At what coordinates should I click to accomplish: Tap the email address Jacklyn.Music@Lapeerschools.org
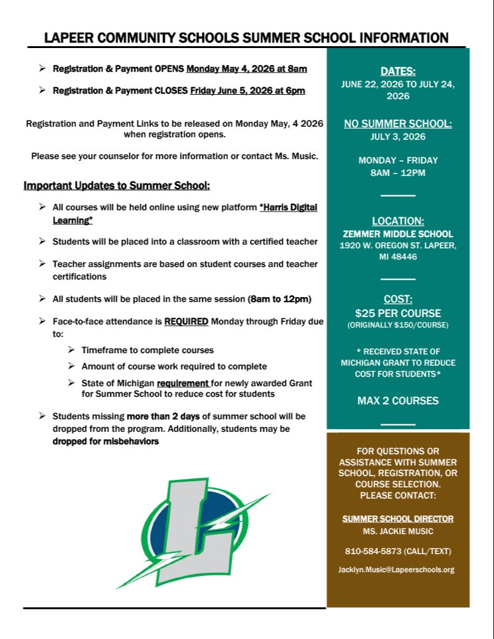(398, 569)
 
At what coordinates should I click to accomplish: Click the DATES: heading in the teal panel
(398, 71)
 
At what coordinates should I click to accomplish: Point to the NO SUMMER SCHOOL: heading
(398, 124)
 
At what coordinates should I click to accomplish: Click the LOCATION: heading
(398, 220)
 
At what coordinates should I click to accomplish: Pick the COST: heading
(398, 299)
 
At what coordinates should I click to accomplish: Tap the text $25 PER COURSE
(398, 313)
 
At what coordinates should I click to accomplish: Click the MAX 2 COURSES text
(398, 401)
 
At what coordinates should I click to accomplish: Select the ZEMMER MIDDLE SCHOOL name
(398, 233)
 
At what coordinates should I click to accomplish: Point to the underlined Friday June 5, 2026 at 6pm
(247, 90)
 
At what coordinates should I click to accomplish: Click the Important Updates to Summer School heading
(117, 185)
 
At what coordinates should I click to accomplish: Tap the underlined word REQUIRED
(186, 321)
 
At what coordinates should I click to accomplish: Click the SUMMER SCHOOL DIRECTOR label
(398, 519)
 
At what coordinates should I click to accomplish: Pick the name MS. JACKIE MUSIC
(398, 532)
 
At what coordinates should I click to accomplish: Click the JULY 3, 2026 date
(398, 137)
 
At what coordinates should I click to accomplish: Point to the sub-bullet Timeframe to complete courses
(147, 350)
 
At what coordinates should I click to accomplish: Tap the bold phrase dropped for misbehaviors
(106, 441)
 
